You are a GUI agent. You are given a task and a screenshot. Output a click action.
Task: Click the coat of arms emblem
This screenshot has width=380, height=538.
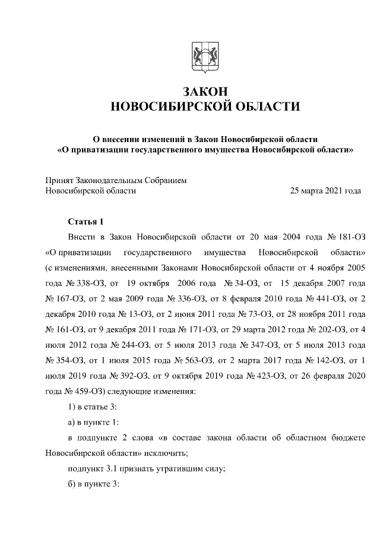[204, 58]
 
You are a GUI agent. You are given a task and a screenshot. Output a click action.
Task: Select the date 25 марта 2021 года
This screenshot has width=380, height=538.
[325, 191]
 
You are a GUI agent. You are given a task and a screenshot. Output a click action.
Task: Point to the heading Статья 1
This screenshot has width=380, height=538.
[85, 222]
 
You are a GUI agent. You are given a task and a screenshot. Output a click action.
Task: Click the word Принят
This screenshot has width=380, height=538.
[61, 180]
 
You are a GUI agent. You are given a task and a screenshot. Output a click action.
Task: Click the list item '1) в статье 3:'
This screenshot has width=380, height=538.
[93, 406]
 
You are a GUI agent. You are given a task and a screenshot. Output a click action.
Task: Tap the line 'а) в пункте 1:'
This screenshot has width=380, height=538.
[94, 421]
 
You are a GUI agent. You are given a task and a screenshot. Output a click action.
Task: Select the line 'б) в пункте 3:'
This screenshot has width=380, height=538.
[94, 483]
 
